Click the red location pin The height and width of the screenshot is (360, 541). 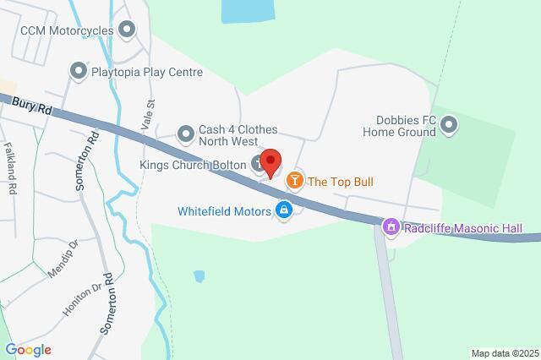270,161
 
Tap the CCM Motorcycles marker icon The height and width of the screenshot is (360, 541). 128,31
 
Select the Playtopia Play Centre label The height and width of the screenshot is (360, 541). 148,73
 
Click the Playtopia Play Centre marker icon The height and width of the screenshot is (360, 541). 79,72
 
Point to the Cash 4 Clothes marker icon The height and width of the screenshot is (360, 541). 185,133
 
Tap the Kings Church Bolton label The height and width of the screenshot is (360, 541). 193,164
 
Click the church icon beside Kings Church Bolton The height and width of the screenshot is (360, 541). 259,165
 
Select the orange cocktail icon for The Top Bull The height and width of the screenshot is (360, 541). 294,180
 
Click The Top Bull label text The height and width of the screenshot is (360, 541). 340,181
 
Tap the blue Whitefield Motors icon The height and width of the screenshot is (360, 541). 285,210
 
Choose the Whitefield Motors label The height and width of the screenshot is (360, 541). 224,210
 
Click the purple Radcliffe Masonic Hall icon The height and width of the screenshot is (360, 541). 391,227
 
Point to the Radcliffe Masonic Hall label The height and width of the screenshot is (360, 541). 462,228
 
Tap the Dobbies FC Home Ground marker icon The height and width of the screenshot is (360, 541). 450,127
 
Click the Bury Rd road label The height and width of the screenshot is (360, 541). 32,106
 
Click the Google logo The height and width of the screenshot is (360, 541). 28,349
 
